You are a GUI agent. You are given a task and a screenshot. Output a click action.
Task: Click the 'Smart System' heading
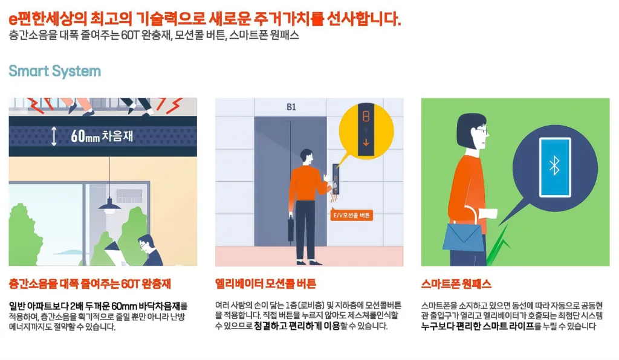click(55, 71)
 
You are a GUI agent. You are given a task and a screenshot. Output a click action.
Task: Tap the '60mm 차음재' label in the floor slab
click(102, 136)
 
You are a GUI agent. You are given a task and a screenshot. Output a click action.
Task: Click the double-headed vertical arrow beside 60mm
click(54, 136)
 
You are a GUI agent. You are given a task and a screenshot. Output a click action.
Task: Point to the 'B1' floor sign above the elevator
click(291, 107)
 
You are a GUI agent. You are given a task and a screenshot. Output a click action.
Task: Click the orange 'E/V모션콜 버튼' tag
click(351, 215)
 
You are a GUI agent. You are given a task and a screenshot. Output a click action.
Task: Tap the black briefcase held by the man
click(291, 228)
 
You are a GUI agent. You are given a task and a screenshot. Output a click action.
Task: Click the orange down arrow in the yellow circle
click(366, 143)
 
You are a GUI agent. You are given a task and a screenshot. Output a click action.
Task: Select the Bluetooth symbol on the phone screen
click(555, 166)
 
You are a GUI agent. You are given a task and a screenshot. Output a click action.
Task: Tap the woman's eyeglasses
click(482, 130)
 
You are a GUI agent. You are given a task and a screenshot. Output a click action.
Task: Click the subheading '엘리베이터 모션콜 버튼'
click(266, 284)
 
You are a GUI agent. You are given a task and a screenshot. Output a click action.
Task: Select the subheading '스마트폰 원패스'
click(456, 284)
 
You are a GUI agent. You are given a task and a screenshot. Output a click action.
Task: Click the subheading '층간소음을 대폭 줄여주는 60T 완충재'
click(89, 284)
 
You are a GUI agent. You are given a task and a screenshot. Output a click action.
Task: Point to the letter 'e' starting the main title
click(13, 19)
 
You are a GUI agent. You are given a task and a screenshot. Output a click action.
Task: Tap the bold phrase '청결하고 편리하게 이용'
click(297, 326)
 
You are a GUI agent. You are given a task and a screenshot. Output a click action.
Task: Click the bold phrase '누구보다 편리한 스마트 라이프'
click(478, 326)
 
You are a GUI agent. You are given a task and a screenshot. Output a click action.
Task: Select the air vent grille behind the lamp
click(129, 196)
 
